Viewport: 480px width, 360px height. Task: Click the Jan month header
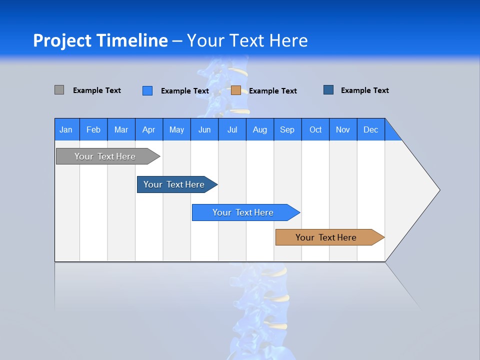[x=66, y=129]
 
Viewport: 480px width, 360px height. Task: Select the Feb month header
[x=93, y=129]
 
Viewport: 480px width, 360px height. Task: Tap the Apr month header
[x=148, y=129]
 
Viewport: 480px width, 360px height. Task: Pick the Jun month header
[x=204, y=129]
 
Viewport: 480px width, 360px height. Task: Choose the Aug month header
[x=259, y=129]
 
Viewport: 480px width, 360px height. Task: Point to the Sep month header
[x=287, y=129]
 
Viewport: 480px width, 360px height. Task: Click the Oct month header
[x=315, y=129]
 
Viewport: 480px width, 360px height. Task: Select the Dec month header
[x=370, y=129]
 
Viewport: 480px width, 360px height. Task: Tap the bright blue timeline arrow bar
[x=243, y=212]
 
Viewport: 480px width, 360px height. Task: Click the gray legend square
[x=59, y=90]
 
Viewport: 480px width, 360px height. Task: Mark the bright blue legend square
[x=147, y=90]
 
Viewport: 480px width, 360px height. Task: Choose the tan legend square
[x=236, y=90]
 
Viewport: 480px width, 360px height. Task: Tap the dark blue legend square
[x=328, y=90]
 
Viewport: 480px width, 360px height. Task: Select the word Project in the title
[x=62, y=40]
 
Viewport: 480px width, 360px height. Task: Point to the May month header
[x=176, y=129]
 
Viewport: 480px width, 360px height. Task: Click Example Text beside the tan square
[x=272, y=91]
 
